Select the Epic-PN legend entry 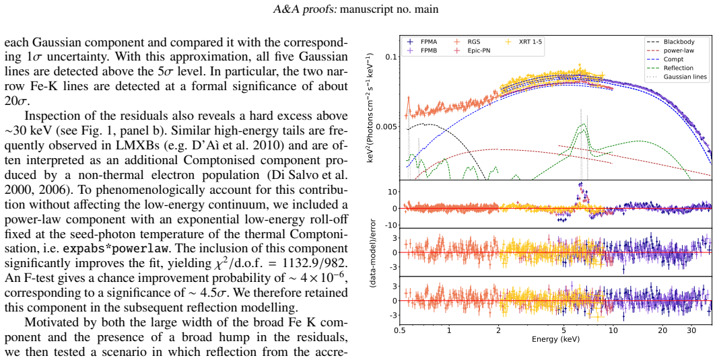click(x=473, y=50)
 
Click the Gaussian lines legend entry click(x=677, y=77)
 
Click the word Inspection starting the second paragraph click(x=50, y=116)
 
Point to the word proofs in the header click(x=322, y=9)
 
